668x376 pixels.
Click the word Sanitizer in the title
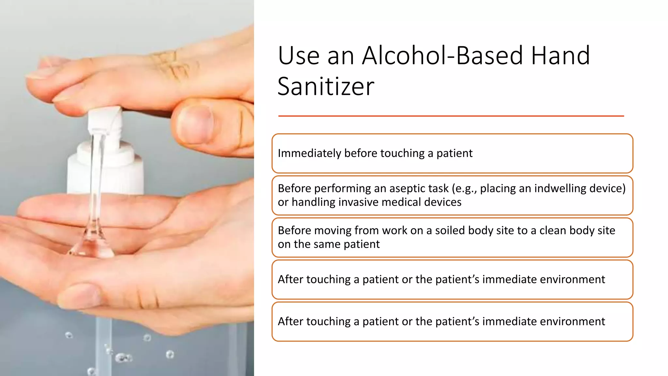tap(326, 86)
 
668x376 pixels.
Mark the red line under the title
tap(451, 116)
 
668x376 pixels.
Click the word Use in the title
tap(298, 55)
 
